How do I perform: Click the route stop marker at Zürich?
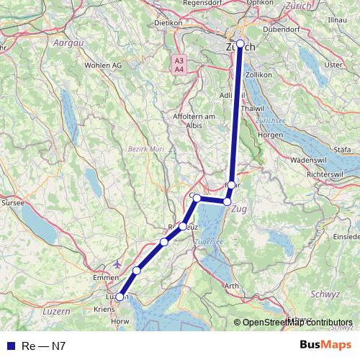point(240,43)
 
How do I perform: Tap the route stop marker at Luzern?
point(120,297)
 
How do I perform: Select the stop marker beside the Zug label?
point(228,202)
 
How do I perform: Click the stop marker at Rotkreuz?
point(183,227)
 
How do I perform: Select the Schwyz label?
point(325,294)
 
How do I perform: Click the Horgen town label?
point(270,135)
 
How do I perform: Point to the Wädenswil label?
point(312,159)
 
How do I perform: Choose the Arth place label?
point(232,286)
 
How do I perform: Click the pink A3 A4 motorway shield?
point(179,63)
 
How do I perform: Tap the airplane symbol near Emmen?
point(118,264)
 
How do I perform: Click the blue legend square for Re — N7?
point(11,346)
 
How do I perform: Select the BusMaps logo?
point(325,346)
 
